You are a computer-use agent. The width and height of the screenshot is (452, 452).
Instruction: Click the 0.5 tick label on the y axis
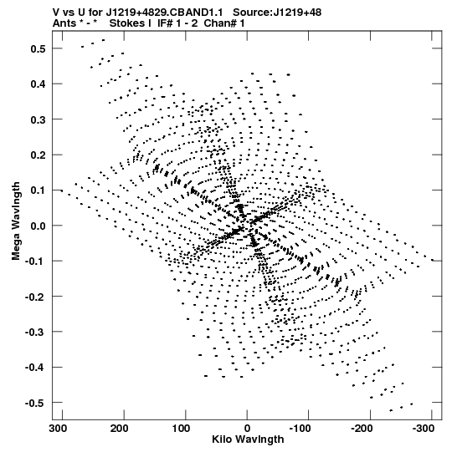tap(38, 48)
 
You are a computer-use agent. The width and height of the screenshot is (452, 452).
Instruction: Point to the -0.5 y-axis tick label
tap(35, 403)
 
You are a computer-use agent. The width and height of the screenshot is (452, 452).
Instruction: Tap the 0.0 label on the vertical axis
tap(38, 226)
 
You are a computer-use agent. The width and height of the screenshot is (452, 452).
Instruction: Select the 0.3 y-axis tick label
tap(38, 119)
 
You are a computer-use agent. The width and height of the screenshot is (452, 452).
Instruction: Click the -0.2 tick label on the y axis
tap(35, 297)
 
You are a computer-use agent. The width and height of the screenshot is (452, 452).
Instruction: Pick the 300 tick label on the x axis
tap(58, 429)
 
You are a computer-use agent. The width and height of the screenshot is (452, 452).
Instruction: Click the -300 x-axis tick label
tap(423, 429)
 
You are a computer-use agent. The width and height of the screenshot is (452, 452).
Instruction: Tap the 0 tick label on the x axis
tap(247, 429)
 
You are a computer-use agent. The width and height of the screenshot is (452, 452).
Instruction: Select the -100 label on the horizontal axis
tap(300, 429)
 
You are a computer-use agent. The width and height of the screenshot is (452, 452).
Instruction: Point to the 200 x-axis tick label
tap(120, 429)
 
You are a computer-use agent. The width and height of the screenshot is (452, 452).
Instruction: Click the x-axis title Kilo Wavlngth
tap(248, 439)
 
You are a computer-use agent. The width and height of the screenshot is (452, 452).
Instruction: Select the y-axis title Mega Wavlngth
tap(16, 221)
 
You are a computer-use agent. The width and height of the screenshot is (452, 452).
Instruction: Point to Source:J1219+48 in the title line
tap(277, 13)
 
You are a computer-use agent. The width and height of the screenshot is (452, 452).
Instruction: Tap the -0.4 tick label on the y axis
tap(35, 368)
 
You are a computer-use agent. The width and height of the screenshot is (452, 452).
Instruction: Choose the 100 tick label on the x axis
tap(182, 429)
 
